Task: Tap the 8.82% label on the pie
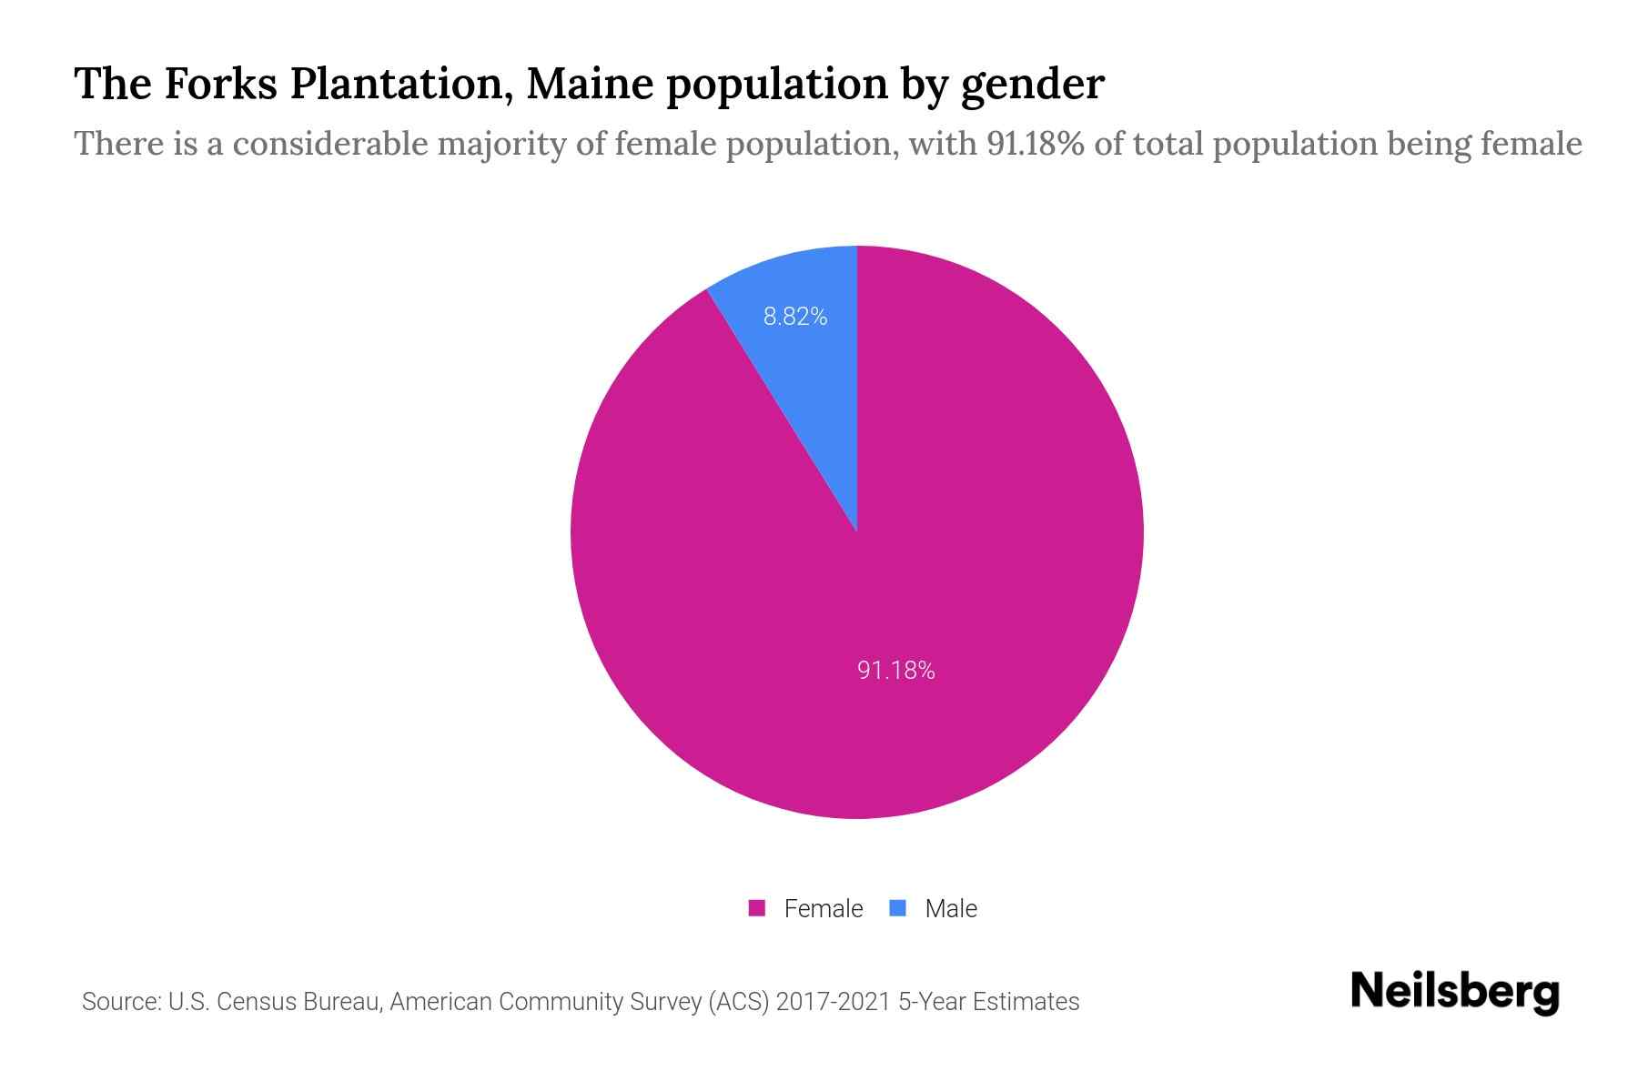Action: pyautogui.click(x=795, y=317)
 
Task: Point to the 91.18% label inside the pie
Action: pyautogui.click(x=895, y=671)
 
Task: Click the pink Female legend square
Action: pyautogui.click(x=757, y=908)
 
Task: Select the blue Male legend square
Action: pyautogui.click(x=898, y=908)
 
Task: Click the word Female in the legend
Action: pyautogui.click(x=823, y=908)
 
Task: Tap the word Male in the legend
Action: pyautogui.click(x=950, y=908)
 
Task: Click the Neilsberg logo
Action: pyautogui.click(x=1454, y=991)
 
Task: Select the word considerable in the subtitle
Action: pyautogui.click(x=330, y=144)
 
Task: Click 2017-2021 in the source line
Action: pyautogui.click(x=833, y=1002)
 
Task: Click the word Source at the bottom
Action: pyautogui.click(x=119, y=1002)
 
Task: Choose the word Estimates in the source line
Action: pyautogui.click(x=1026, y=1002)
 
